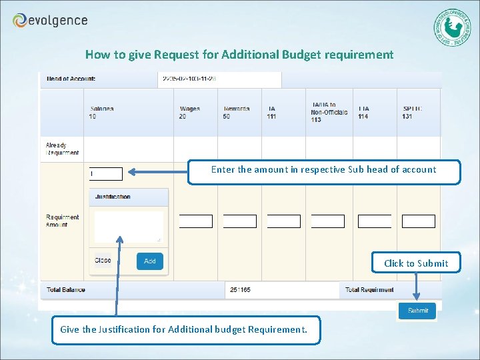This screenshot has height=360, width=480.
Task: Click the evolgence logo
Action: [x=50, y=21]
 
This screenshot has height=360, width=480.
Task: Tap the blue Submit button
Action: [x=417, y=311]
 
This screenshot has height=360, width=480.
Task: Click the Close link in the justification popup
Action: [x=103, y=260]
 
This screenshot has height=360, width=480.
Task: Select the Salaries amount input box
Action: [x=106, y=174]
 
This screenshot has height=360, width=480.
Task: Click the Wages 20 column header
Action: [x=190, y=113]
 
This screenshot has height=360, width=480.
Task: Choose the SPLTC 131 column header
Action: [x=413, y=113]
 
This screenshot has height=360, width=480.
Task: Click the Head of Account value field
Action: [x=221, y=79]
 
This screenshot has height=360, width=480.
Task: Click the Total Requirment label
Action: [x=369, y=290]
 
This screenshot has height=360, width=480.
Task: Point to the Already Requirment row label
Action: [x=62, y=149]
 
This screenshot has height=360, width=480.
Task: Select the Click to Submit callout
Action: [x=416, y=263]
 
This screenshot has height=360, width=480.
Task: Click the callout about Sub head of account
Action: [x=323, y=171]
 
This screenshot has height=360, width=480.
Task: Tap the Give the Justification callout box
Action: [x=185, y=329]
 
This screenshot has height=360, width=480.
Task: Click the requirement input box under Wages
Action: [x=196, y=221]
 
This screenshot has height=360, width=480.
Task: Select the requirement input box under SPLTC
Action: [x=419, y=221]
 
